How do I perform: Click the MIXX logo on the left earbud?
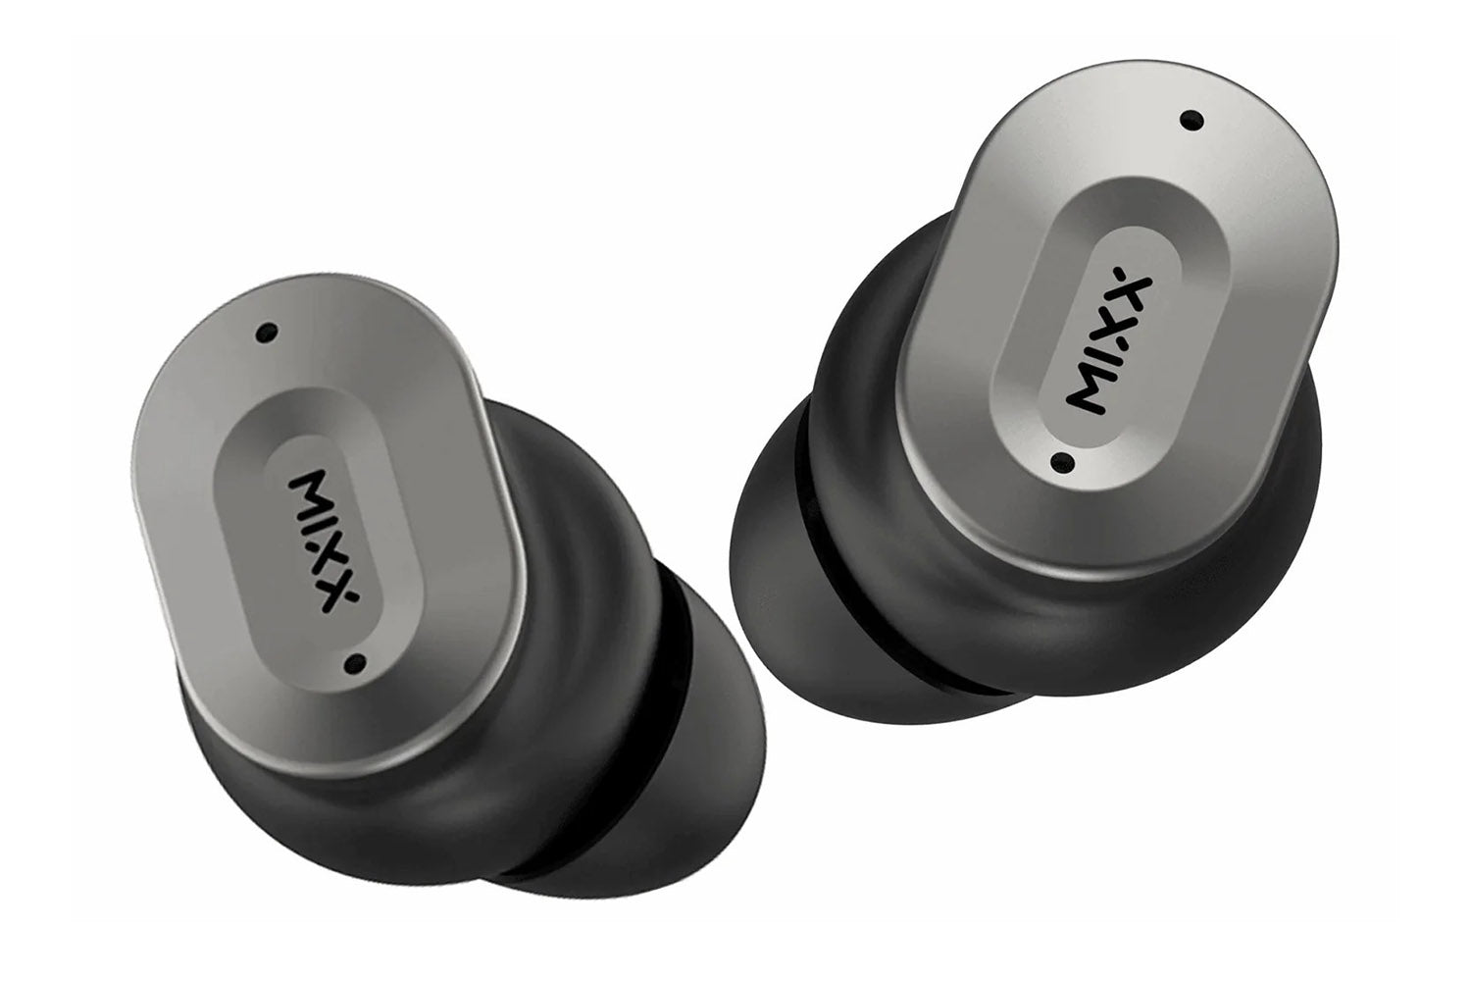pos(324,541)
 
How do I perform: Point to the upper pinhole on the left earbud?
pos(266,332)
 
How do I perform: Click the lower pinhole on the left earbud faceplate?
pos(356,663)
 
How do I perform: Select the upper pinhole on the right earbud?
pos(1192,120)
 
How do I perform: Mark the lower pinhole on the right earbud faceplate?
pos(1062,462)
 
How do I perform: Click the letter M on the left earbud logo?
pos(308,489)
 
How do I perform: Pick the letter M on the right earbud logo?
pos(1087,392)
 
